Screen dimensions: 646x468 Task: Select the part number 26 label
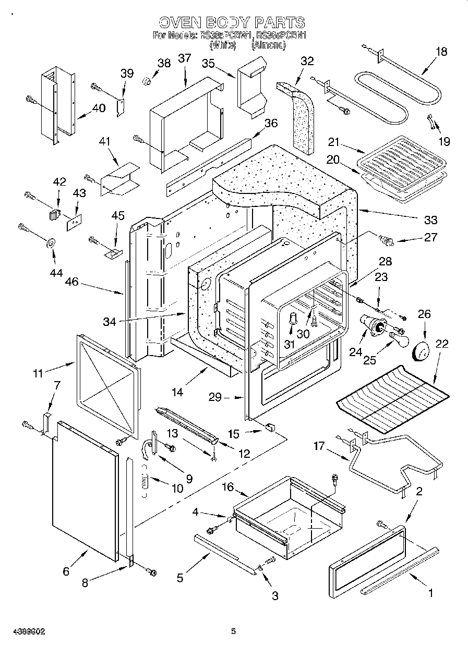pos(424,314)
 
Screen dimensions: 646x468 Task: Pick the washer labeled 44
pos(52,243)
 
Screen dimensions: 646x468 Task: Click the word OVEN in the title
pos(178,22)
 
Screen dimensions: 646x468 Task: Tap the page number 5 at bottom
pos(234,631)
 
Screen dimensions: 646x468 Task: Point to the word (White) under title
pos(223,45)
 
